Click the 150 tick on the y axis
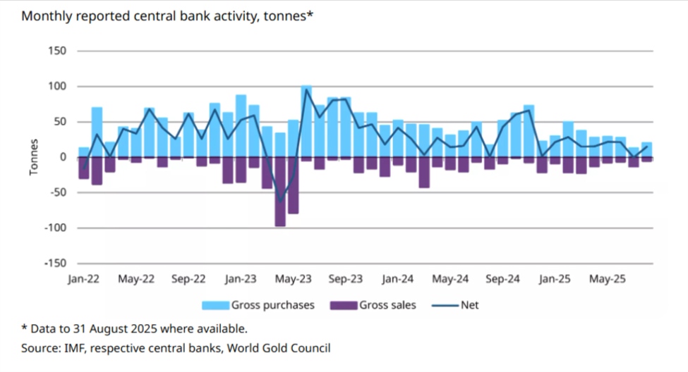pyautogui.click(x=56, y=51)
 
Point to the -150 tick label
pyautogui.click(x=54, y=263)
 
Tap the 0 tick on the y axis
pyautogui.click(x=62, y=157)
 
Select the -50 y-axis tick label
pyautogui.click(x=56, y=192)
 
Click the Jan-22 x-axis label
pyautogui.click(x=84, y=279)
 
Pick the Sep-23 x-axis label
pyautogui.click(x=346, y=279)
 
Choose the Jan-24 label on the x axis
pyautogui.click(x=398, y=279)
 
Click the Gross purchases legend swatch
pyautogui.click(x=216, y=305)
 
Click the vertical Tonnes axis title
pyautogui.click(x=33, y=157)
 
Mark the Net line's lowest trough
pyautogui.click(x=281, y=202)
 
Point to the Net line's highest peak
pyautogui.click(x=307, y=89)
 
